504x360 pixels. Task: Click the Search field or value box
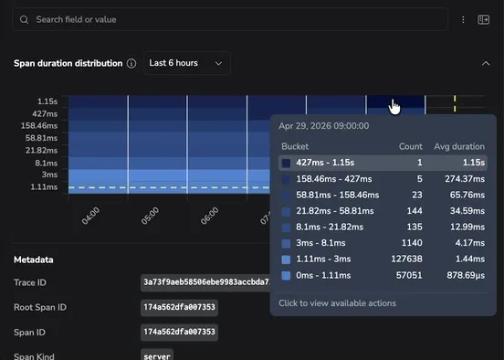(230, 19)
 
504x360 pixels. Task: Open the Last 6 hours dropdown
(187, 63)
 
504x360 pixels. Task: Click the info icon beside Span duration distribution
(131, 63)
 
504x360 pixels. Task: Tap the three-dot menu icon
(463, 19)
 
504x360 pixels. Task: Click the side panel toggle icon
(483, 19)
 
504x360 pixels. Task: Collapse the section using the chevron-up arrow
(486, 63)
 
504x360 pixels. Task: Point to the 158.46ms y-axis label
(39, 126)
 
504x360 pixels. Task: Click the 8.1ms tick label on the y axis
(47, 164)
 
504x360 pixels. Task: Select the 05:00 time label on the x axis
(150, 216)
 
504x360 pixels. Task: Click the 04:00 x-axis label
(90, 216)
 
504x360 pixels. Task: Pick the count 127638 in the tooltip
(406, 259)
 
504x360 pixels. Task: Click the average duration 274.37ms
(465, 179)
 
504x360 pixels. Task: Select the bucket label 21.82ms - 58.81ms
(335, 211)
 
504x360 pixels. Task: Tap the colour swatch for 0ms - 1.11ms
(286, 275)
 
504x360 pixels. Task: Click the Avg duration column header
(459, 147)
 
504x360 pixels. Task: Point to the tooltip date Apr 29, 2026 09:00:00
(324, 126)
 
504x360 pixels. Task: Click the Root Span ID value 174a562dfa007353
(179, 308)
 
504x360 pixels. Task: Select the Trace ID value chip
(205, 282)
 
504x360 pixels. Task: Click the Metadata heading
(34, 259)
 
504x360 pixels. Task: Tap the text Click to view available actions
(338, 303)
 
